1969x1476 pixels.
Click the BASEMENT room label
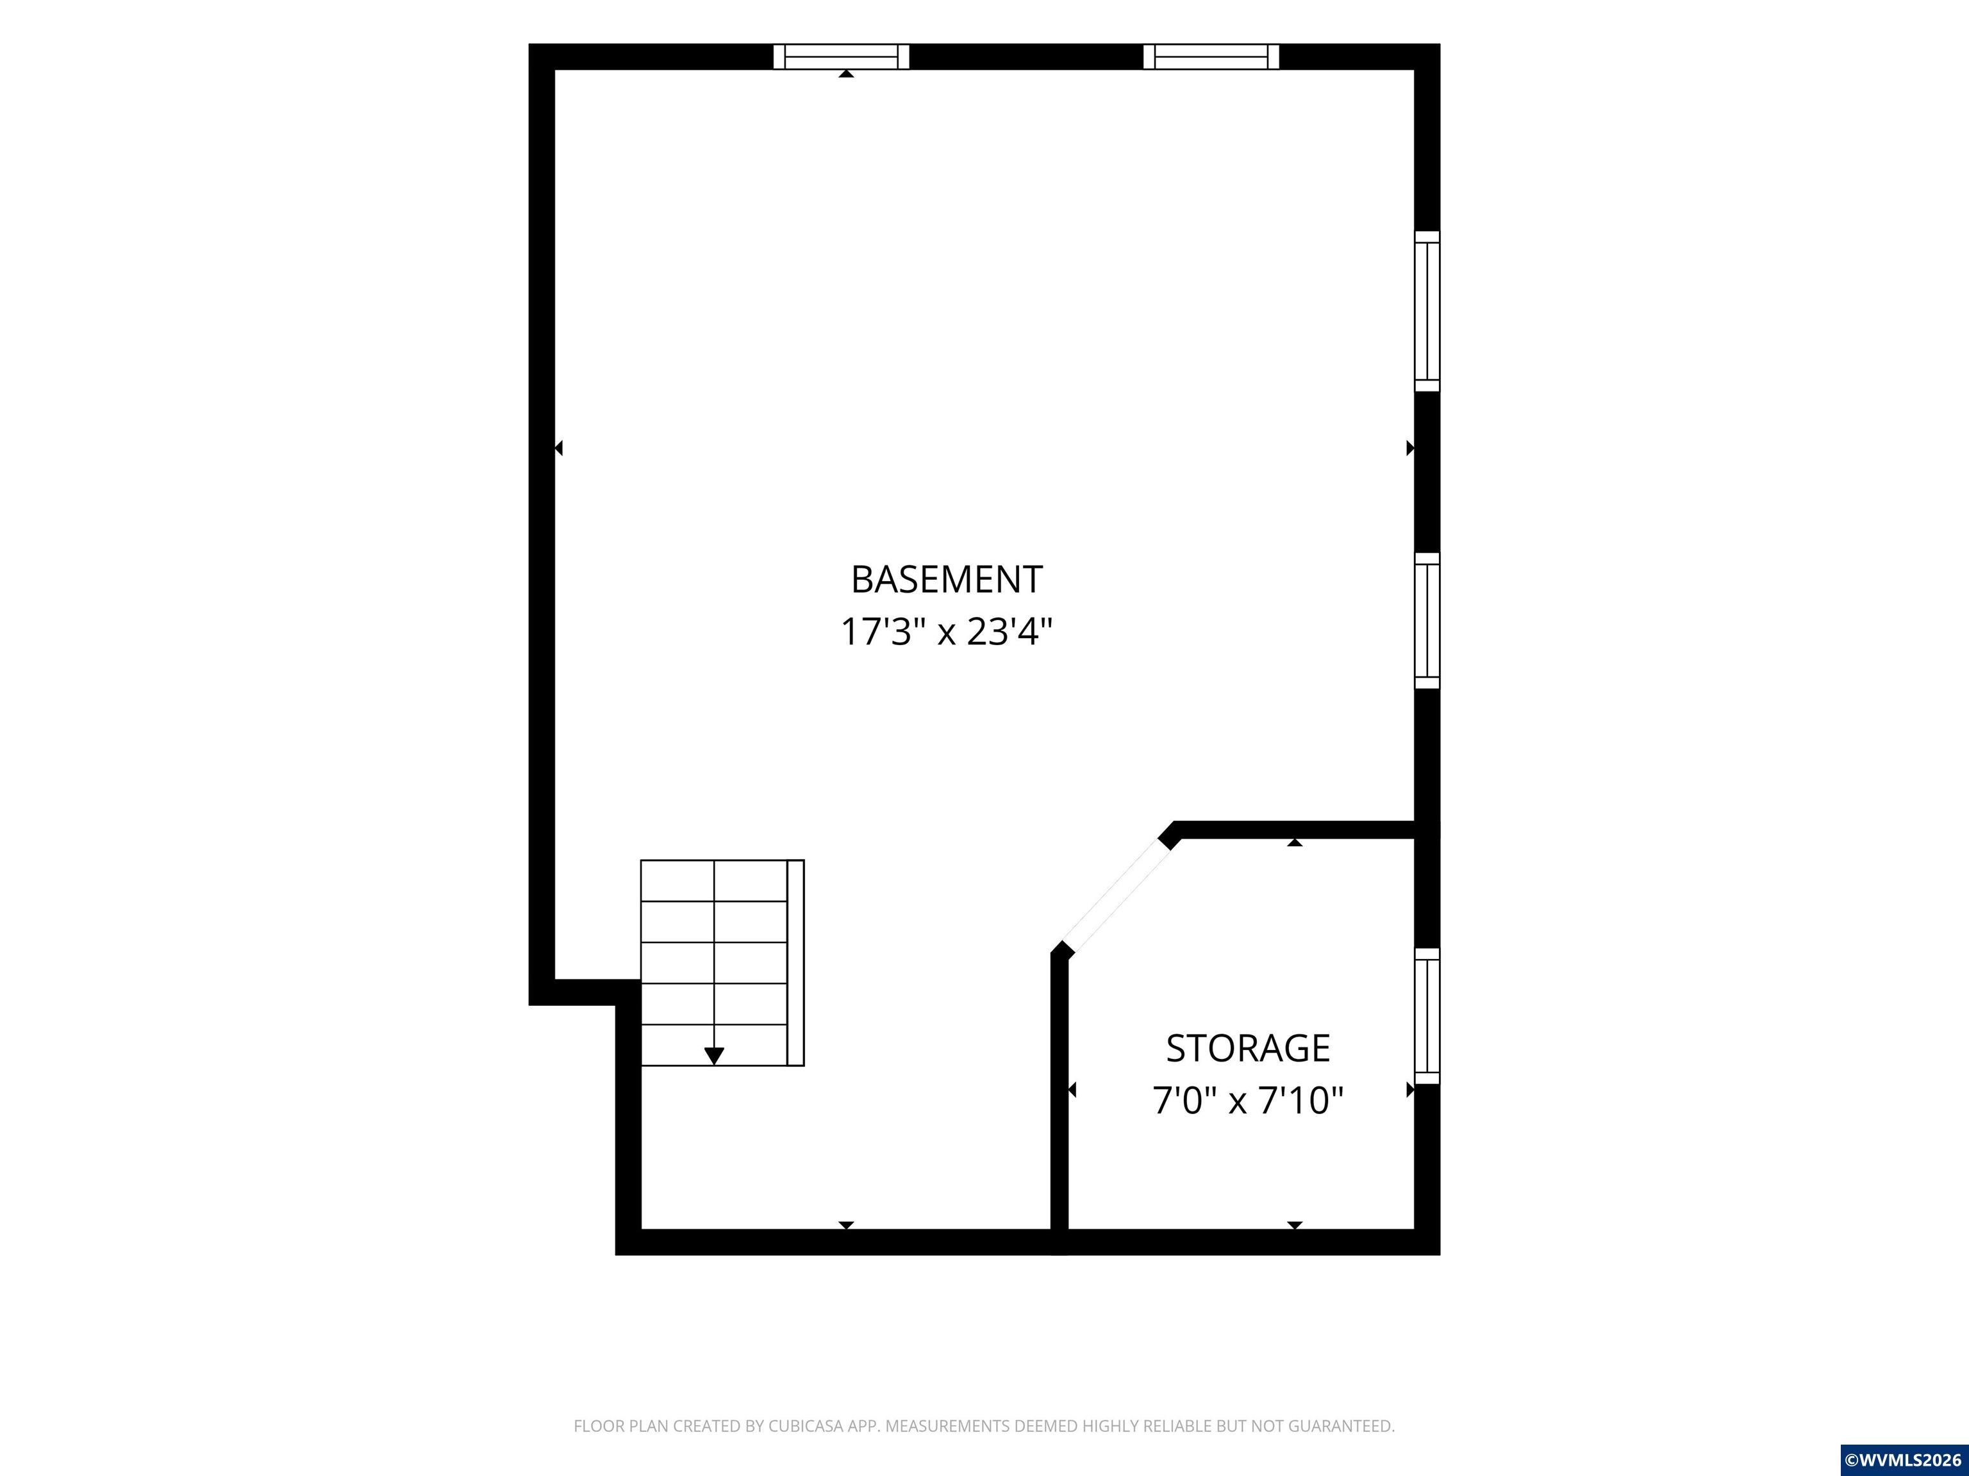pos(946,579)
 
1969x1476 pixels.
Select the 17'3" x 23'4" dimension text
pos(946,632)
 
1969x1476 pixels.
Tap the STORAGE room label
pos(1248,1048)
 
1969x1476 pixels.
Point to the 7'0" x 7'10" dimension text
pos(1248,1101)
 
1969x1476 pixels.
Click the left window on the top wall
pos(841,56)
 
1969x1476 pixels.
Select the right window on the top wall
pos(1211,56)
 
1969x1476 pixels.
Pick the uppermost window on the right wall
pos(1427,311)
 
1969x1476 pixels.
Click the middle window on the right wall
pos(1427,620)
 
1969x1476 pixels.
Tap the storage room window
pos(1427,1016)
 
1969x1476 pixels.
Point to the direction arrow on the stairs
pos(714,1056)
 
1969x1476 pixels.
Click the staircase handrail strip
pos(796,963)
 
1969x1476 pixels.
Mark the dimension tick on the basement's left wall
pos(558,448)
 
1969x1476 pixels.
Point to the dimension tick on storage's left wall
pos(1072,1089)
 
